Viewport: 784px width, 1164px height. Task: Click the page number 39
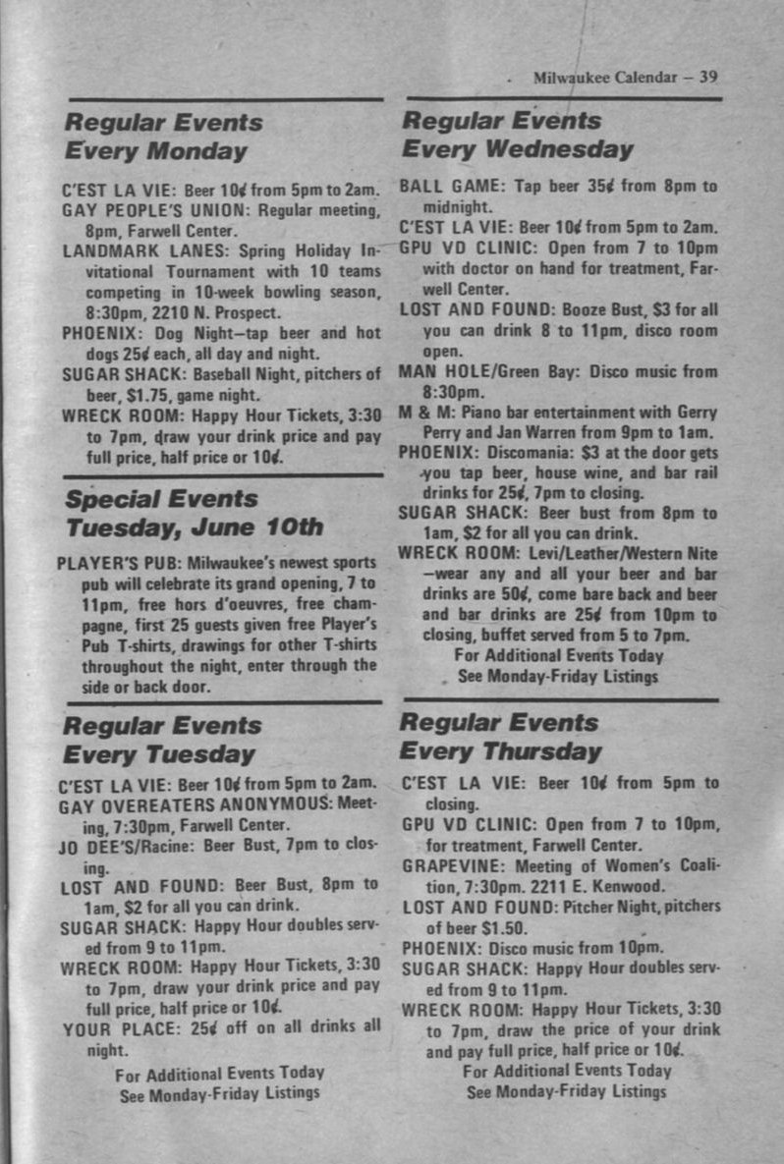click(x=708, y=78)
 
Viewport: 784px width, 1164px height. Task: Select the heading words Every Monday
click(x=155, y=152)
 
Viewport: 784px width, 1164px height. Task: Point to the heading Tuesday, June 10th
click(x=194, y=527)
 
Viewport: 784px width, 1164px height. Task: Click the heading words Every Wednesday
click(x=518, y=150)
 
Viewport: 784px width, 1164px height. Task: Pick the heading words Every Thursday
click(x=500, y=752)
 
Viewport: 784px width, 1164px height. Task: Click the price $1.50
click(x=502, y=927)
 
